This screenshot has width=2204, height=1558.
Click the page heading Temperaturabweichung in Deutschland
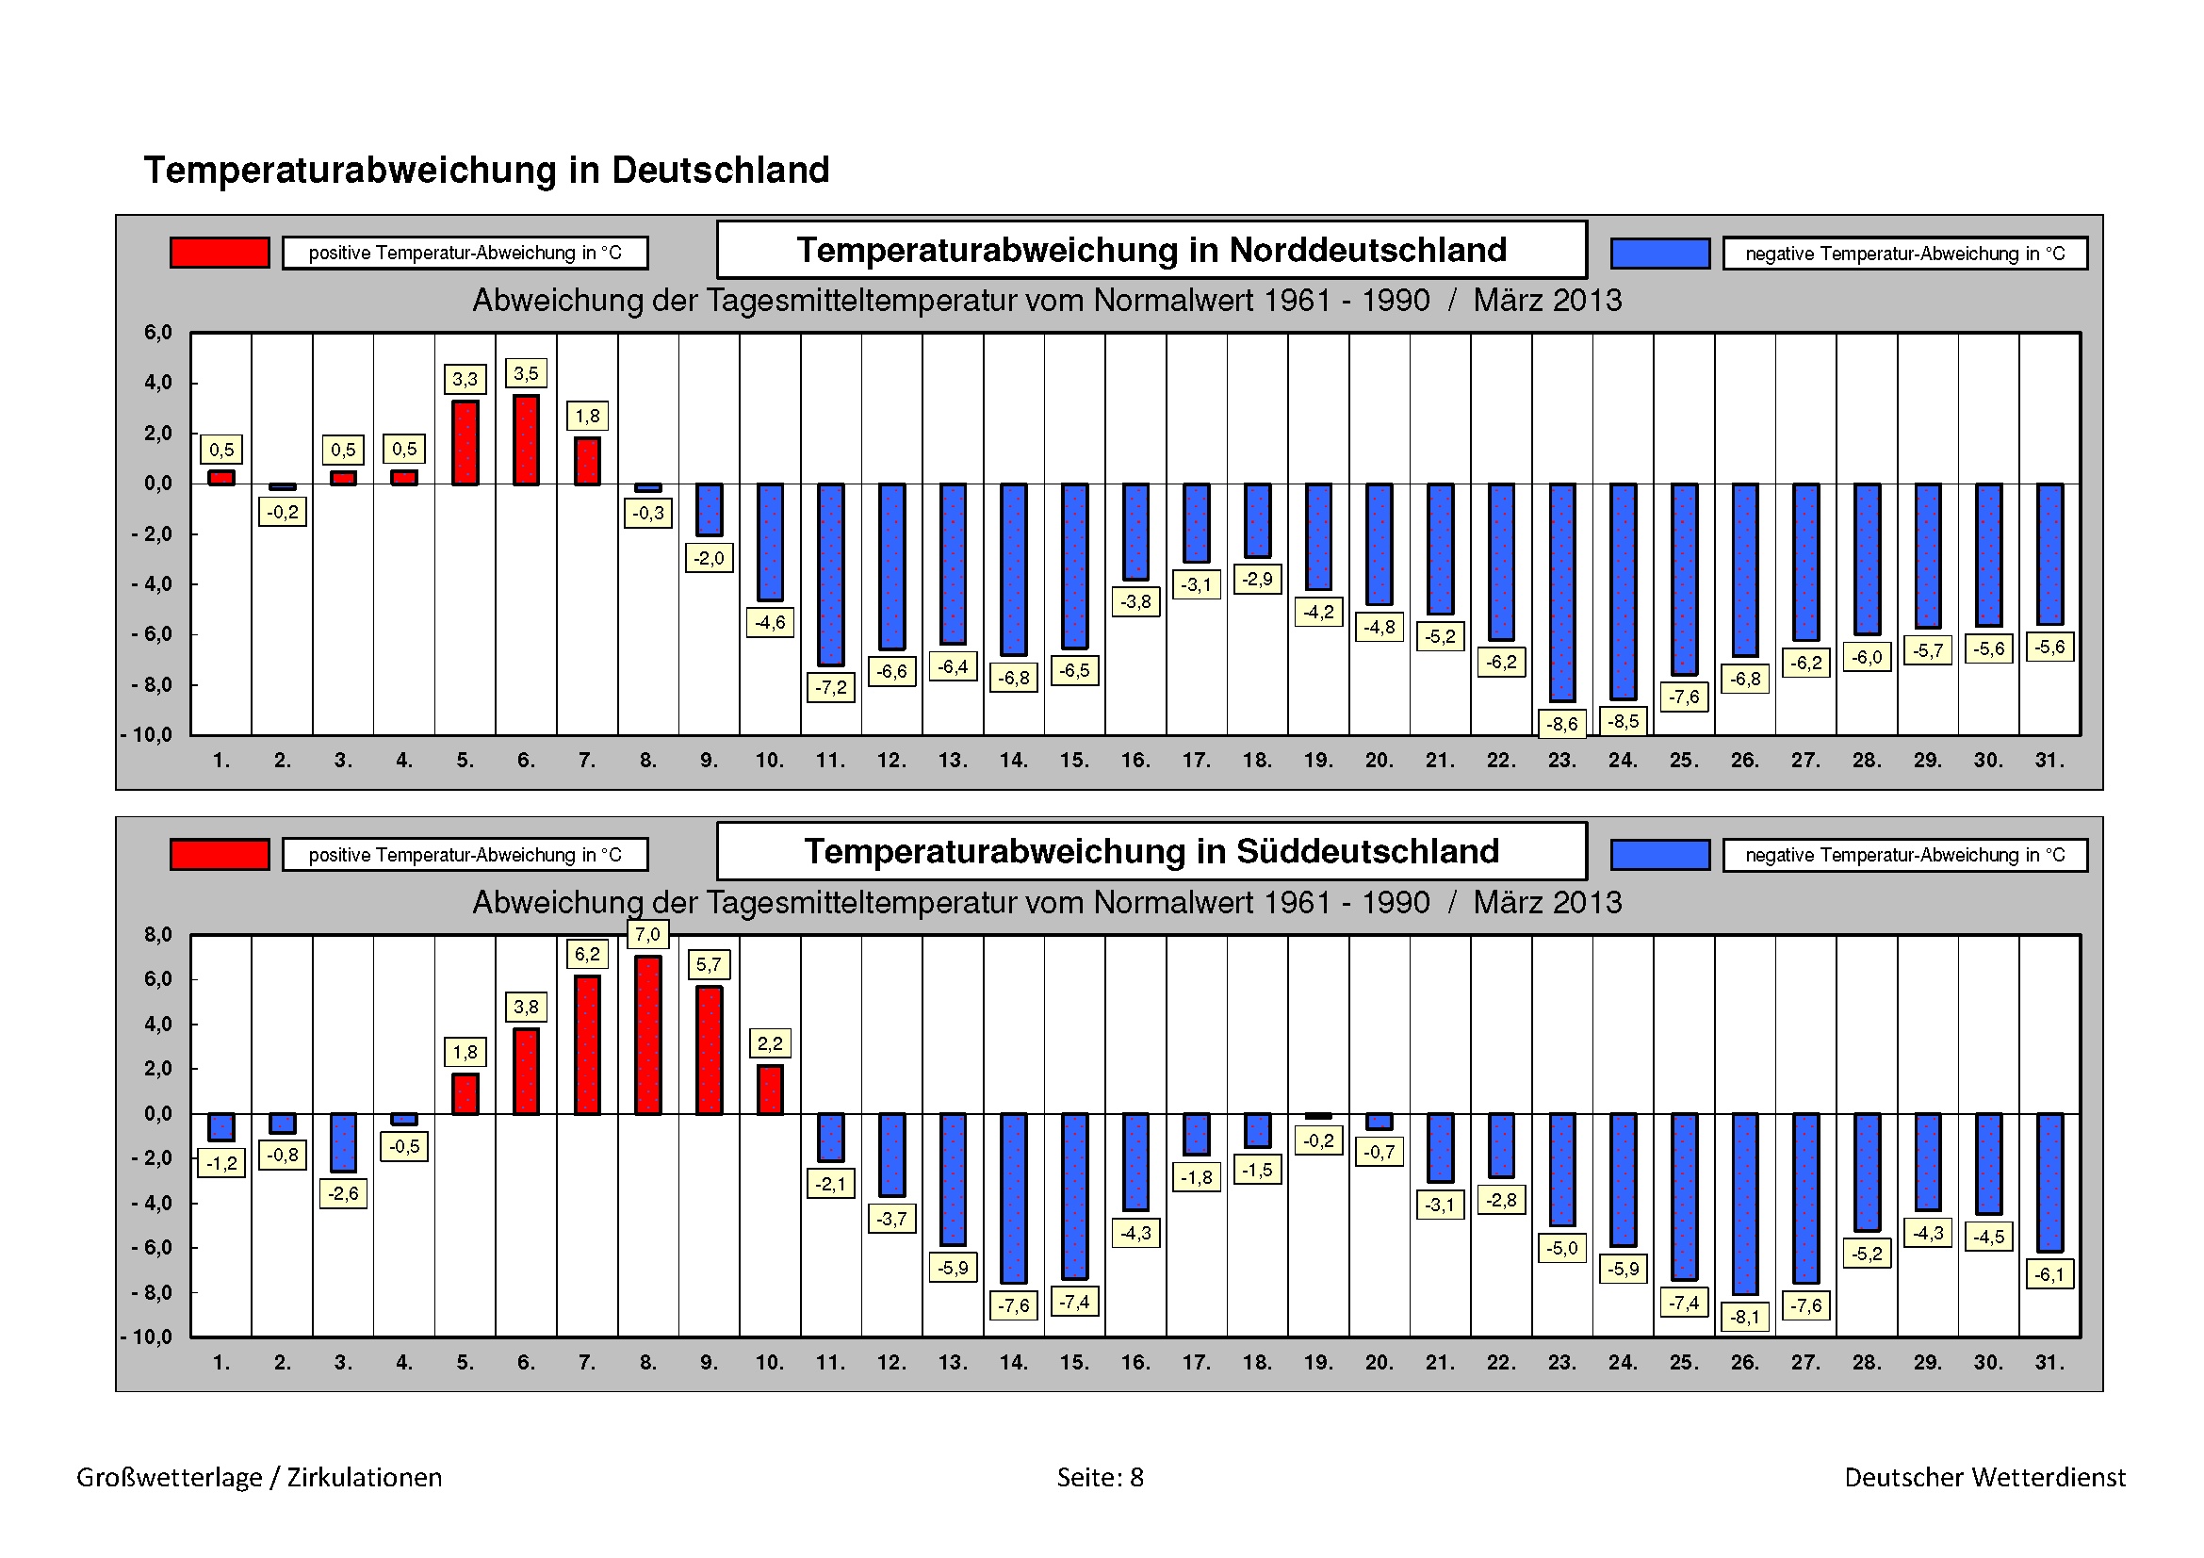click(x=486, y=170)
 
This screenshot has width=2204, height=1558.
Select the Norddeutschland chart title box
click(x=1151, y=250)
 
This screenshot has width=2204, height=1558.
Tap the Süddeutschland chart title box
click(x=1151, y=851)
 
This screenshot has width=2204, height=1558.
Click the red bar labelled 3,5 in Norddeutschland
click(x=526, y=439)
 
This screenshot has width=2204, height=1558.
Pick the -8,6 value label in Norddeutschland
click(x=1561, y=724)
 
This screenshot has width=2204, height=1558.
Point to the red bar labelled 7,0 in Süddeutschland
click(x=648, y=1035)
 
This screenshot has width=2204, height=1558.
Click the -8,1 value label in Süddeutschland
click(x=1745, y=1317)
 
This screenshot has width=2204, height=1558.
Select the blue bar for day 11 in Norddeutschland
click(x=831, y=574)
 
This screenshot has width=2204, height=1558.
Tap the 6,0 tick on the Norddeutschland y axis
click(x=158, y=333)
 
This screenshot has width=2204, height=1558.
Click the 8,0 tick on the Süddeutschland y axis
click(x=158, y=935)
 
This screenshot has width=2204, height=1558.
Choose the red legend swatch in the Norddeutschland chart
click(x=220, y=253)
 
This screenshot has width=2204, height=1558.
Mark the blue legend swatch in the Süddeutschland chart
click(x=1659, y=854)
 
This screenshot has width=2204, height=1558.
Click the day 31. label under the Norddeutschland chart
click(x=2049, y=761)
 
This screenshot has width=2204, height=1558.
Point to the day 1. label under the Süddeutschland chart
click(x=221, y=1362)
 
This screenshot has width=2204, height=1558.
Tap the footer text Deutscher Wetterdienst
click(x=1985, y=1477)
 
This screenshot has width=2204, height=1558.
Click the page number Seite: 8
click(x=1100, y=1477)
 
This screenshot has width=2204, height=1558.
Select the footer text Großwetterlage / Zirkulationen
click(x=259, y=1477)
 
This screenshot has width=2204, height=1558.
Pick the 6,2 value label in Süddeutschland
click(x=586, y=954)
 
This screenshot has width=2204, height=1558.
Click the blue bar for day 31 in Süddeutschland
click(x=2049, y=1182)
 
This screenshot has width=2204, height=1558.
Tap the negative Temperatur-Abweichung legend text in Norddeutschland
click(x=1904, y=254)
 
